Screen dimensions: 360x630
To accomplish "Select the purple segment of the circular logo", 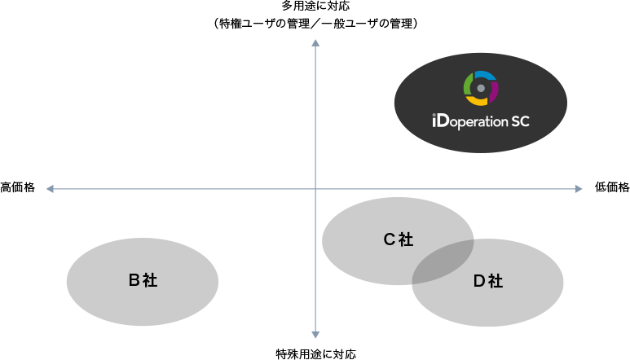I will pyautogui.click(x=494, y=89).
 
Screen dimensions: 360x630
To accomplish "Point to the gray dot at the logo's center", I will pyautogui.click(x=481, y=87).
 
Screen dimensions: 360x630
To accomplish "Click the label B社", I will pyautogui.click(x=143, y=281).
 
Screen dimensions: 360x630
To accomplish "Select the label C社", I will pyautogui.click(x=399, y=239).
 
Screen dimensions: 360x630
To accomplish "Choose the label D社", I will pyautogui.click(x=488, y=282).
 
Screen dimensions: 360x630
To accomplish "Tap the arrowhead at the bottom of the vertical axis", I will pyautogui.click(x=315, y=334).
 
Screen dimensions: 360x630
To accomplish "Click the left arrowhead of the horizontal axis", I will pyautogui.click(x=50, y=189).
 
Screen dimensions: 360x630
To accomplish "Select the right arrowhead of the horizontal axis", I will pyautogui.click(x=579, y=189).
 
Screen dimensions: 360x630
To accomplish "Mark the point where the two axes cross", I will pyautogui.click(x=315, y=189).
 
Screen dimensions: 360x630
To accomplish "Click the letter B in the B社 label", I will pyautogui.click(x=134, y=281).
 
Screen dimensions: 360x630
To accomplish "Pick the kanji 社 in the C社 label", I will pyautogui.click(x=406, y=239).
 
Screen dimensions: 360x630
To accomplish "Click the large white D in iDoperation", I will pyautogui.click(x=441, y=122).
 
